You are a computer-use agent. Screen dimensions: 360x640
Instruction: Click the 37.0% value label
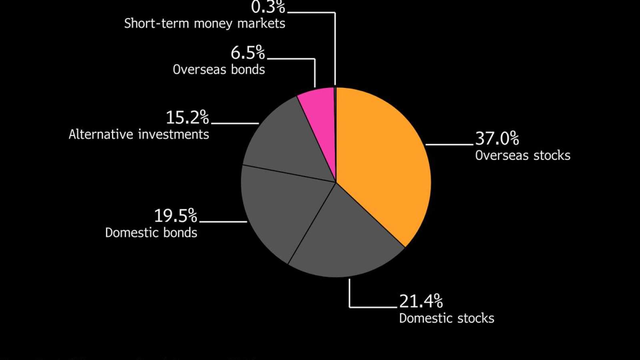[x=497, y=138]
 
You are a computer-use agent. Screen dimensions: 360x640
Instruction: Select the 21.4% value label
[x=421, y=301]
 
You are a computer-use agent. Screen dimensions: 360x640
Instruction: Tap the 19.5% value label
[x=176, y=216]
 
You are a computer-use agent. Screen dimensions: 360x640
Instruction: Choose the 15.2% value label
[x=187, y=118]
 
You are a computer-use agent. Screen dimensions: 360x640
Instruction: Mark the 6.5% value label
[x=248, y=53]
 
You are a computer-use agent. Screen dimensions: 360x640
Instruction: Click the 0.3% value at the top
[x=268, y=7]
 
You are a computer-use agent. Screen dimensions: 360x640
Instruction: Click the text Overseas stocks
[x=522, y=155]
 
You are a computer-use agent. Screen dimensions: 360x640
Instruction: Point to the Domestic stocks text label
[x=446, y=318]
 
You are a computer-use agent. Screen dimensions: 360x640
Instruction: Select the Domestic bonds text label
[x=151, y=232]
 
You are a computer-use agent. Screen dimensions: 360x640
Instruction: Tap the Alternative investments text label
[x=139, y=134]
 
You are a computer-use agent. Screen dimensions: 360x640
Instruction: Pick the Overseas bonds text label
[x=219, y=69]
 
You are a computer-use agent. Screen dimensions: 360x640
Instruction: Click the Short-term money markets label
[x=204, y=23]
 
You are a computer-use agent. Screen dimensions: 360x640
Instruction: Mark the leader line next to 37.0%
[x=450, y=144]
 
